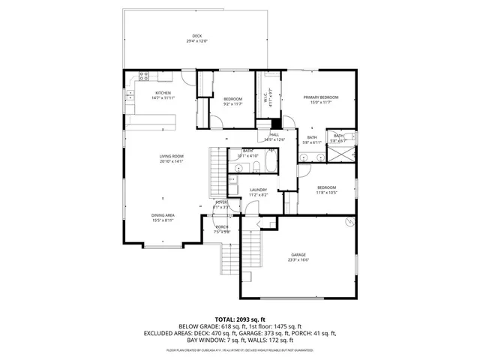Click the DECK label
(x=196, y=35)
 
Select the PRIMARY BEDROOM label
(x=321, y=97)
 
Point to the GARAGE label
(x=298, y=255)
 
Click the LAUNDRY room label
(x=258, y=190)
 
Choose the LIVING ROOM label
(x=171, y=156)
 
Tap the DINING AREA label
(x=163, y=215)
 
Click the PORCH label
(x=222, y=226)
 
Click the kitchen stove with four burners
(x=142, y=76)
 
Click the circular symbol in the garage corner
(x=348, y=223)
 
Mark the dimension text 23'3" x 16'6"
(x=298, y=260)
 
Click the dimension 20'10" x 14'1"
(x=171, y=161)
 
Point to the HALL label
(x=274, y=134)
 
